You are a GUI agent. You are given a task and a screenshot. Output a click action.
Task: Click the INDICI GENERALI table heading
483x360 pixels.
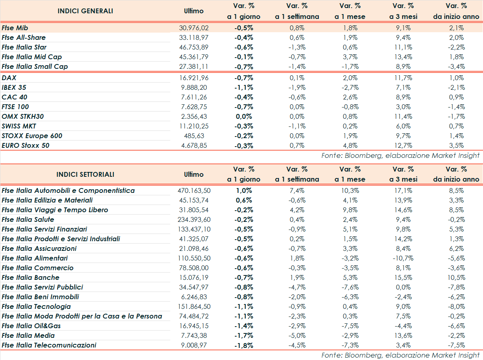click(85, 11)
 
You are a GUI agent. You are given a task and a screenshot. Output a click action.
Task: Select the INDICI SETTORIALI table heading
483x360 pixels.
click(85, 174)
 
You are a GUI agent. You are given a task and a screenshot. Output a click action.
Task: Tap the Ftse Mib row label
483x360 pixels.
click(15, 28)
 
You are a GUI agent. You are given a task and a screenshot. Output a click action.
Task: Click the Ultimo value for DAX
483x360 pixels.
click(194, 78)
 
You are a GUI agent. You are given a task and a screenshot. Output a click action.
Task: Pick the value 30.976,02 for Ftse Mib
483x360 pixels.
click(194, 28)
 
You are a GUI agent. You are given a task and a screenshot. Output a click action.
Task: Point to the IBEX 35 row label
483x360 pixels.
click(14, 87)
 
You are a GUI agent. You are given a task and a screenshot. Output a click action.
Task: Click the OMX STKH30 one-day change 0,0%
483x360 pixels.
click(244, 116)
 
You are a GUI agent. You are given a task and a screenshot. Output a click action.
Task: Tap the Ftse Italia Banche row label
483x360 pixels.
click(31, 277)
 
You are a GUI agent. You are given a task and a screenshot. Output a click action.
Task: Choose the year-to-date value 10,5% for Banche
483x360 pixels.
click(456, 277)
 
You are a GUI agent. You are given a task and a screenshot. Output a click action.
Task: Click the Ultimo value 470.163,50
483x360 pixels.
click(194, 190)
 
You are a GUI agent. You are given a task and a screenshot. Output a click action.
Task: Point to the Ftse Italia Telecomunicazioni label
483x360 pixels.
click(49, 345)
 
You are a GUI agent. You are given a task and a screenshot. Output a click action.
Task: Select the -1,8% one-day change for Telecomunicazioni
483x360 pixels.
click(244, 345)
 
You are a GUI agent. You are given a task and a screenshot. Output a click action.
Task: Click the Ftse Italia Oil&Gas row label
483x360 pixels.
click(31, 326)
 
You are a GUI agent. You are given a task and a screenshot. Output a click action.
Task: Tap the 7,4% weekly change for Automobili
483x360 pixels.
click(297, 190)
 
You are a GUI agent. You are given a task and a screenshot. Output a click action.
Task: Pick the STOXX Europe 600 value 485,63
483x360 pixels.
click(194, 136)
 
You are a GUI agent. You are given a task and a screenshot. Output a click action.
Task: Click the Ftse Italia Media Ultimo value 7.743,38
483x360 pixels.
click(194, 335)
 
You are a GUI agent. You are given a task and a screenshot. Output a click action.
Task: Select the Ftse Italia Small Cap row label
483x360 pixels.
click(35, 66)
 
